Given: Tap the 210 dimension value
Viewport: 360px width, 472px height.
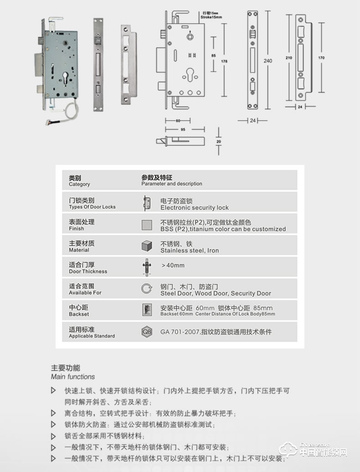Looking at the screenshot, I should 288,58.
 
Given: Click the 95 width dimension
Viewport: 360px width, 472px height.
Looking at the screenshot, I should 183,129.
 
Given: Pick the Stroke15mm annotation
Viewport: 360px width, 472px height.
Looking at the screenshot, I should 211,17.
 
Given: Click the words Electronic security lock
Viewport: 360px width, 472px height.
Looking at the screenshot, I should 195,208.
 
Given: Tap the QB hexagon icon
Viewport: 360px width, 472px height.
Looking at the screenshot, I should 146,332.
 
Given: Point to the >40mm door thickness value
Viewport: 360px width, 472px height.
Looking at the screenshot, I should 173,265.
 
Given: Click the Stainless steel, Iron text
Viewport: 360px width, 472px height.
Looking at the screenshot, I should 190,251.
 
